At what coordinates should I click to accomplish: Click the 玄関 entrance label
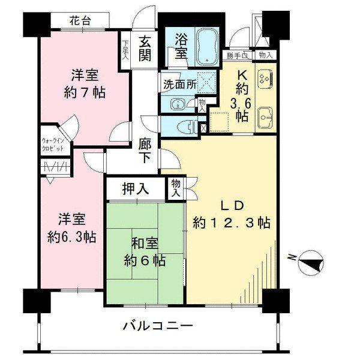pyautogui.click(x=146, y=50)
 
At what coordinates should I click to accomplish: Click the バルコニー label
pyautogui.click(x=158, y=327)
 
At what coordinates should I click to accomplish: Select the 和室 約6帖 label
pyautogui.click(x=145, y=252)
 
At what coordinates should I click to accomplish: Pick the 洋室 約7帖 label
pyautogui.click(x=85, y=83)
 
